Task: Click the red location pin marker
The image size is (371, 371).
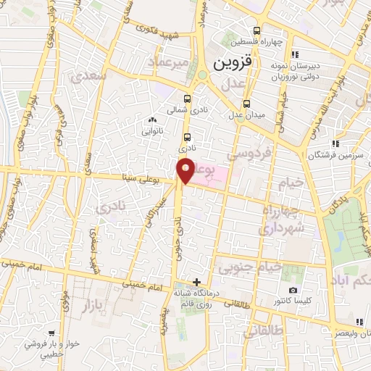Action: (185, 170)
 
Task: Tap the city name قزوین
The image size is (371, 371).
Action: (232, 63)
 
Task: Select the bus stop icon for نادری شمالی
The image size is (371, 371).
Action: (188, 99)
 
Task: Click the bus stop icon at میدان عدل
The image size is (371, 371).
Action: (246, 104)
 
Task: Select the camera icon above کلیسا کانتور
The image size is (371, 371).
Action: (293, 290)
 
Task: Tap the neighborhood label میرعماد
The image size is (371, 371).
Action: (169, 62)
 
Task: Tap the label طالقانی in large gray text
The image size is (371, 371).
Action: (259, 332)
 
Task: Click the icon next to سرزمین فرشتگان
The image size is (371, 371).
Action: (334, 144)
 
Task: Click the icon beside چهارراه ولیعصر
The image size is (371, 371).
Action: (359, 322)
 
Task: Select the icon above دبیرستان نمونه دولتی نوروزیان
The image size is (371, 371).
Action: (293, 54)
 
